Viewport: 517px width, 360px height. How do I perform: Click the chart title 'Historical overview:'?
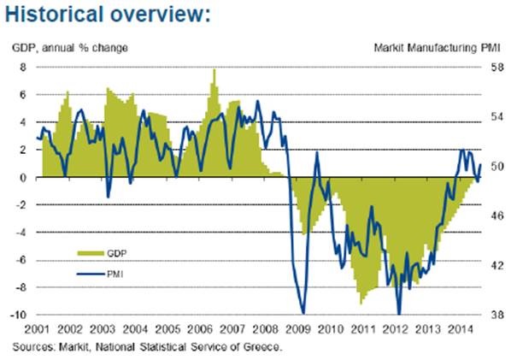[108, 16]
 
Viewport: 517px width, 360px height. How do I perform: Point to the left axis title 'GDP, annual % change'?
[70, 47]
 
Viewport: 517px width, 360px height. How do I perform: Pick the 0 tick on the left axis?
[24, 177]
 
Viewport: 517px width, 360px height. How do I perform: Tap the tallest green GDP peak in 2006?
[214, 70]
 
